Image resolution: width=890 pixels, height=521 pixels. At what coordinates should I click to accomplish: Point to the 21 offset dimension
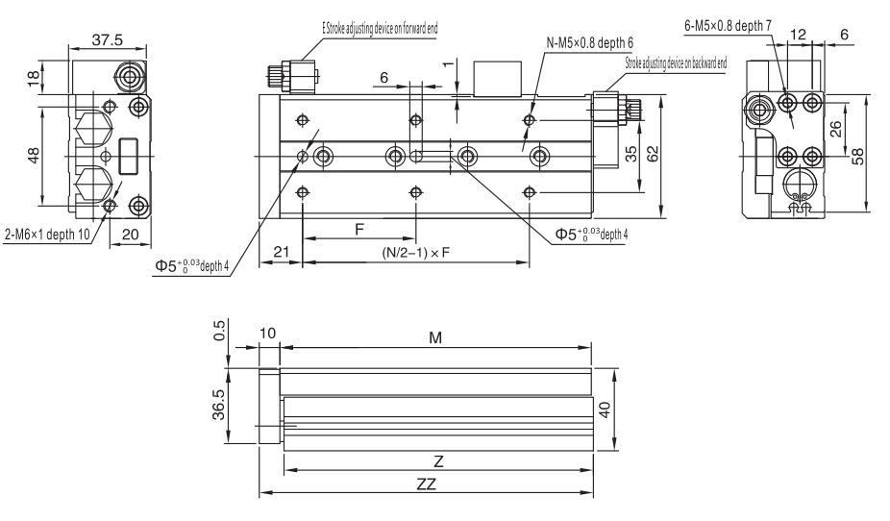click(x=281, y=251)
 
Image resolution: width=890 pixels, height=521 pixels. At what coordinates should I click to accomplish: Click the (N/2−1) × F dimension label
click(x=414, y=253)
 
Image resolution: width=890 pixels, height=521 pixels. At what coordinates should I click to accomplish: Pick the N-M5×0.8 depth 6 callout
click(x=595, y=43)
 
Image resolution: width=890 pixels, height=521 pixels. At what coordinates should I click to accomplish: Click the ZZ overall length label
click(x=426, y=485)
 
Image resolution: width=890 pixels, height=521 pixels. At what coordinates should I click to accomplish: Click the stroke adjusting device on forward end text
click(x=380, y=28)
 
